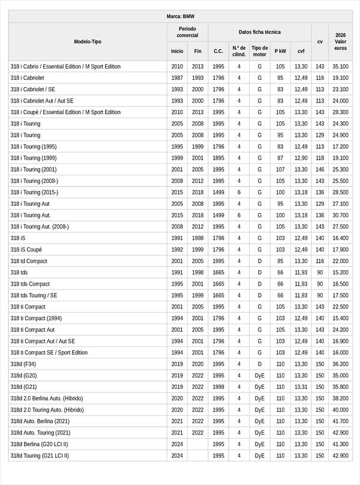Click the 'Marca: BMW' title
click(x=180, y=17)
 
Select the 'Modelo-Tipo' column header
click(x=88, y=41)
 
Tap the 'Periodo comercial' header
click(x=187, y=32)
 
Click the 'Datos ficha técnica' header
click(x=259, y=32)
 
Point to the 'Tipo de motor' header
click(x=260, y=51)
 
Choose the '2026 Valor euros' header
click(x=341, y=41)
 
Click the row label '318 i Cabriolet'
click(x=28, y=78)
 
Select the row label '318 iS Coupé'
click(x=26, y=250)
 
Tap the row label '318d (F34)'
click(x=23, y=364)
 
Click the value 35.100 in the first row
click(x=341, y=67)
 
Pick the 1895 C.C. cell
click(x=218, y=158)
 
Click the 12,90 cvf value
click(x=301, y=158)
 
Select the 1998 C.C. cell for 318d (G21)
click(x=218, y=387)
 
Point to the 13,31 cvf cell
click(x=301, y=387)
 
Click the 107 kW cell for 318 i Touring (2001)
click(x=280, y=170)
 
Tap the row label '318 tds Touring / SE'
click(x=34, y=295)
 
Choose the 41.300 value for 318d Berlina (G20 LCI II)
click(x=341, y=444)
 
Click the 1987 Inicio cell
click(x=177, y=78)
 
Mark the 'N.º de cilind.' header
click(x=239, y=51)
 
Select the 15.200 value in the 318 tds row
click(x=341, y=273)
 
